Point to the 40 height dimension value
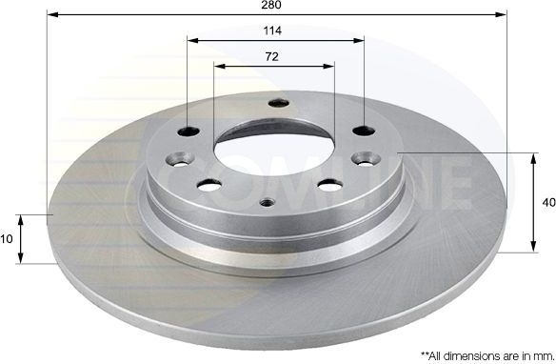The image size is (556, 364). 547,202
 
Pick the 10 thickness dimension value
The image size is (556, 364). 9,239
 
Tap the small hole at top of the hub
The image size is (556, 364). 278,105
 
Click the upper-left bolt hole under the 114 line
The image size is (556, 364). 189,132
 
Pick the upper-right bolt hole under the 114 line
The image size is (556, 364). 364,131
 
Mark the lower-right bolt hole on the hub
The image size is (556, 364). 331,184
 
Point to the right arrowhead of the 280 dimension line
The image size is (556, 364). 503,15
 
